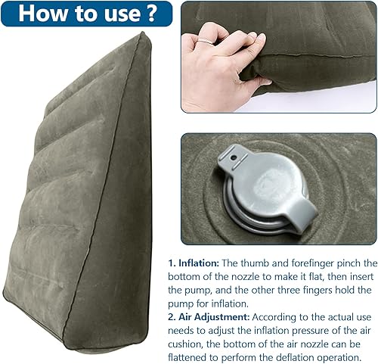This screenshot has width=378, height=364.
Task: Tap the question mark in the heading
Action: click(x=150, y=13)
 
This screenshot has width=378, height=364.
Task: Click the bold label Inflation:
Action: click(x=197, y=263)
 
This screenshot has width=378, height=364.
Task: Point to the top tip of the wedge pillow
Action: click(x=138, y=36)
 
